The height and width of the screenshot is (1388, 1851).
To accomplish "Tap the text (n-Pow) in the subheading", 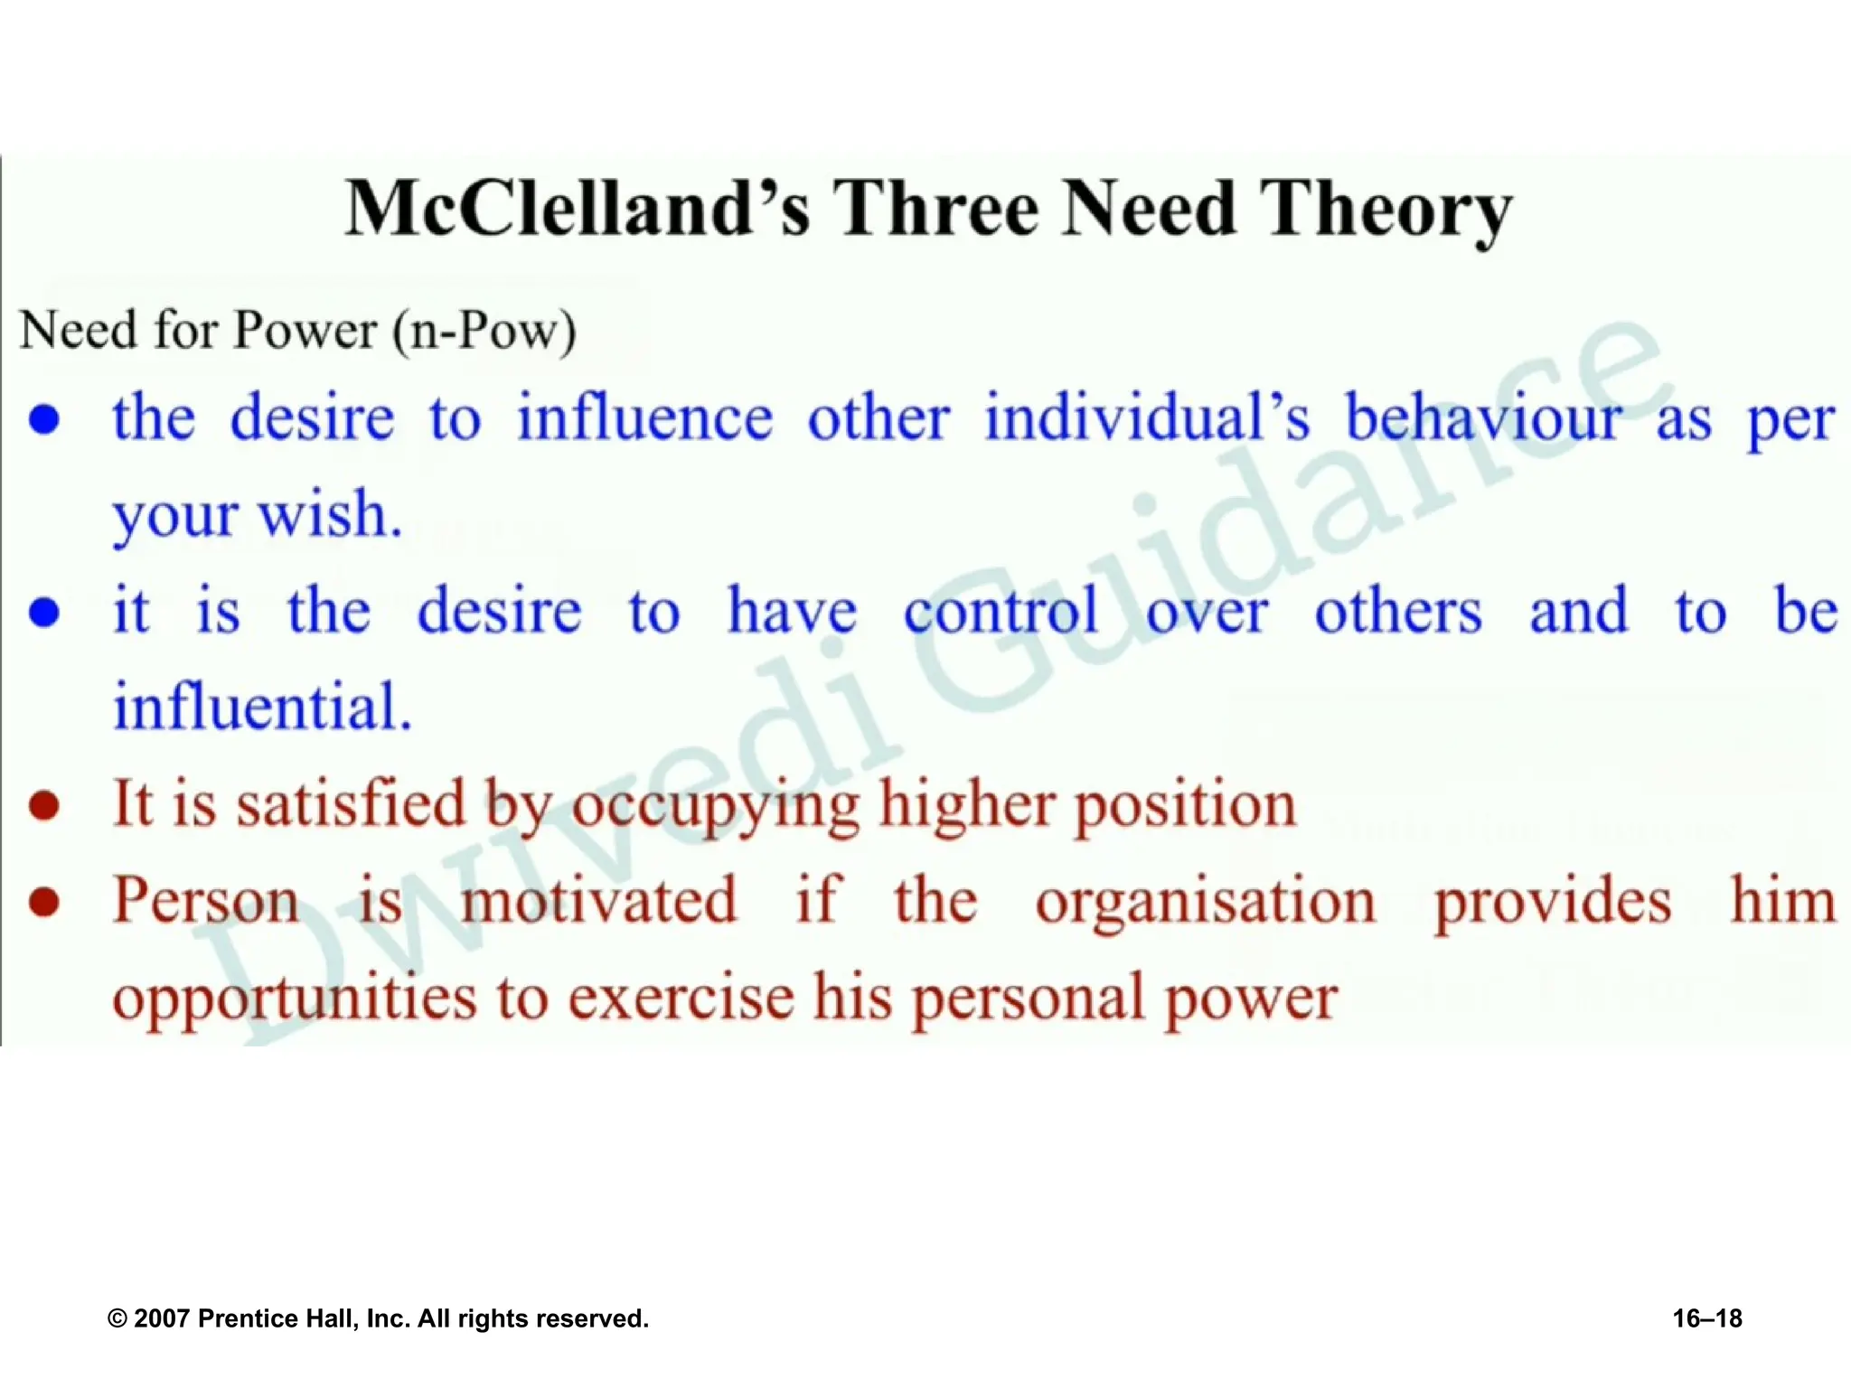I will tap(484, 331).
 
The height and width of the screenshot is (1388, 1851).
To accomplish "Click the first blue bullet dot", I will tap(44, 419).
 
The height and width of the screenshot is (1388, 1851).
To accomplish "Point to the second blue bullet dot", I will tap(44, 613).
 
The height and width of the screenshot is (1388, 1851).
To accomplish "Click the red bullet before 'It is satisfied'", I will tap(44, 804).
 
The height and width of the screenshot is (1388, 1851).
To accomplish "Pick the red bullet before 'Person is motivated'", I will tap(44, 901).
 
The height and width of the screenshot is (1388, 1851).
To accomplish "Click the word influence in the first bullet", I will tap(644, 418).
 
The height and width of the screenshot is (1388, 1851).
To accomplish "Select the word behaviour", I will tap(1482, 418).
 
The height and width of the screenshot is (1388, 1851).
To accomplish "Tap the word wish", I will tap(330, 515).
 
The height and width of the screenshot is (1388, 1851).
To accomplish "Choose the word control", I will tap(1001, 612).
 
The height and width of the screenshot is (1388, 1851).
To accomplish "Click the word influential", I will tap(262, 707).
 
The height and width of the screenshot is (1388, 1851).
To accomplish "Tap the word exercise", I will tap(681, 999).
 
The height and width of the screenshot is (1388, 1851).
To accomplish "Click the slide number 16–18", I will tap(1706, 1318).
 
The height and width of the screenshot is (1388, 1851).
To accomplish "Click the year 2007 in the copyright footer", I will tap(161, 1318).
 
